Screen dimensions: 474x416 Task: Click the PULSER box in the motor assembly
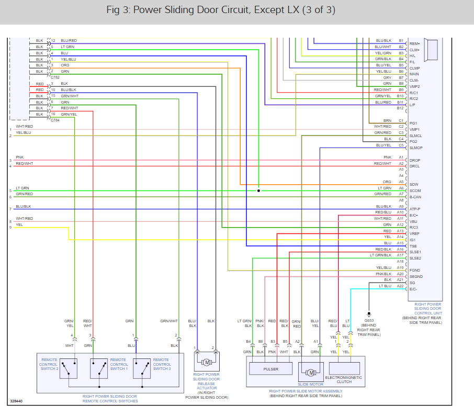point(271,369)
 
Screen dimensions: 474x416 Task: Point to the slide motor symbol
point(311,373)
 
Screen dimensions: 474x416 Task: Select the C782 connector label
point(55,77)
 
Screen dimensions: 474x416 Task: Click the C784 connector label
point(55,120)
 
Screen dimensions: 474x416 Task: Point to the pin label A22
point(400,286)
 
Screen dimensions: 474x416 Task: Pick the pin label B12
point(400,108)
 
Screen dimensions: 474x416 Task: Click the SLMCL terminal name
point(415,136)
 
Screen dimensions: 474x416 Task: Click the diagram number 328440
point(16,401)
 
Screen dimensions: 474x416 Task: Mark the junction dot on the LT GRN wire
point(258,191)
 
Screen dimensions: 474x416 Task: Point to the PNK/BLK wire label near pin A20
point(383,274)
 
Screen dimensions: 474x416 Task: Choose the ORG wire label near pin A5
point(387,182)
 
